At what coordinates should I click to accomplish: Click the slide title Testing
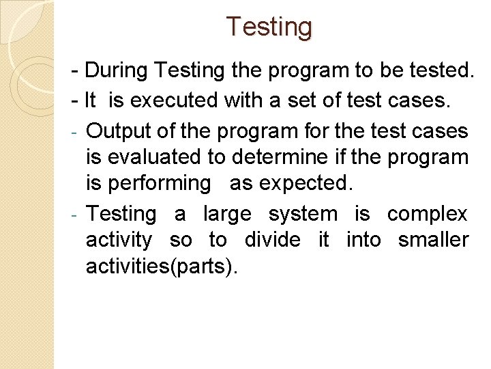(x=269, y=27)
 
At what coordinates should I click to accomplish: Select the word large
(x=227, y=214)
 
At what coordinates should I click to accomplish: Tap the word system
(x=303, y=215)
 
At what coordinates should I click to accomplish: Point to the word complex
(x=428, y=215)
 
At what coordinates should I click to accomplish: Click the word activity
(x=119, y=241)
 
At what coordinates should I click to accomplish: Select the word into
(x=363, y=240)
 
